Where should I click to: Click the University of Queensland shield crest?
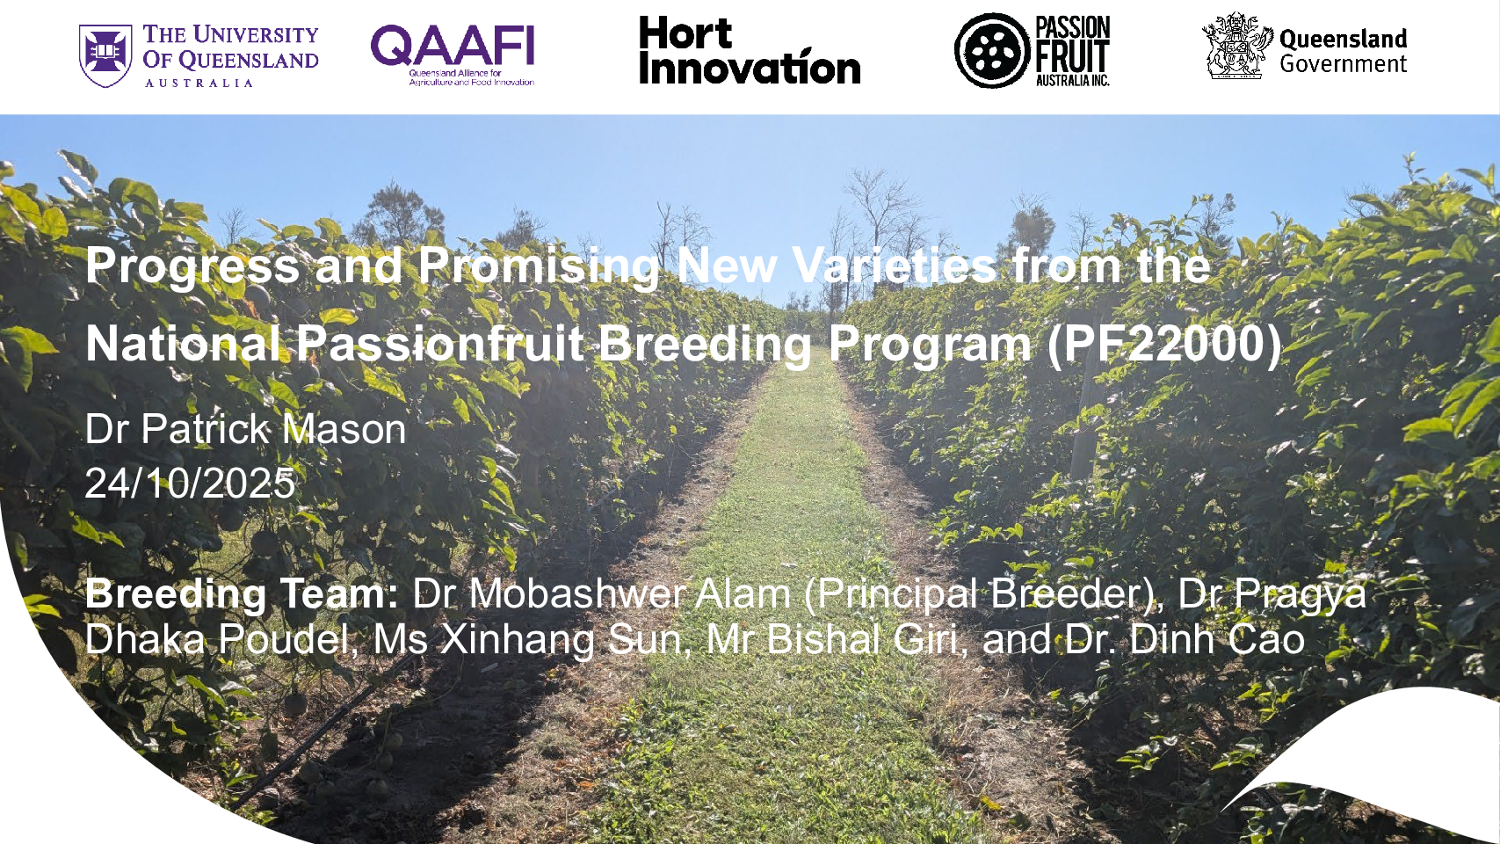click(x=105, y=55)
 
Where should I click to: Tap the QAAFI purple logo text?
click(x=453, y=46)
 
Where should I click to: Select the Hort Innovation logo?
click(x=750, y=51)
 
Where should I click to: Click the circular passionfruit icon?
click(x=992, y=50)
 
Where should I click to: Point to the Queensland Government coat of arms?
click(x=1237, y=46)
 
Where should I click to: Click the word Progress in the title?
click(x=192, y=266)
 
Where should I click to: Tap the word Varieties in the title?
click(x=895, y=265)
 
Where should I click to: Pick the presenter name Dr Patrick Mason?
click(x=246, y=429)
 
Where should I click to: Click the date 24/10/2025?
click(x=190, y=483)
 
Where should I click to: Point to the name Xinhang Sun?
click(x=561, y=639)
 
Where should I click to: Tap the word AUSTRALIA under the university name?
click(x=199, y=83)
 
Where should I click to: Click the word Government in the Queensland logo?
click(x=1344, y=65)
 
